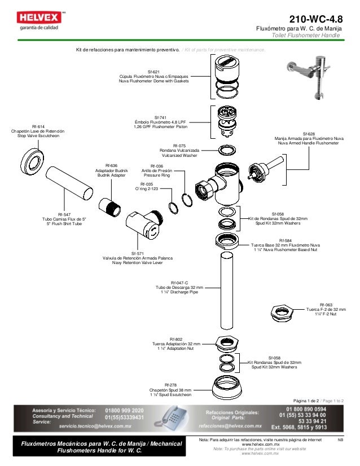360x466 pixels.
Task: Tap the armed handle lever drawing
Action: click(x=271, y=168)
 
